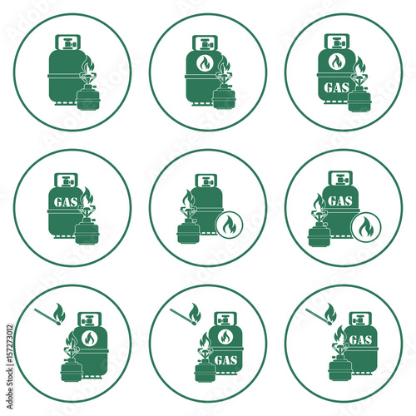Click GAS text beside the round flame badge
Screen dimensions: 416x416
(339, 201)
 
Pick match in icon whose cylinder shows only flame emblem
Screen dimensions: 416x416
(49, 314)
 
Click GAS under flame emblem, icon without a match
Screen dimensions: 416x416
(337, 87)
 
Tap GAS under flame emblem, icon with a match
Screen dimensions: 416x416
(225, 359)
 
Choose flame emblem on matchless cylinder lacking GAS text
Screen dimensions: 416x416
(201, 63)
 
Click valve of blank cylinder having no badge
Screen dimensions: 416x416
(66, 41)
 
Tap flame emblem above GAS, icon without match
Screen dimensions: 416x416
(337, 62)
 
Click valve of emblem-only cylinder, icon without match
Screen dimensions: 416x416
(201, 41)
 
